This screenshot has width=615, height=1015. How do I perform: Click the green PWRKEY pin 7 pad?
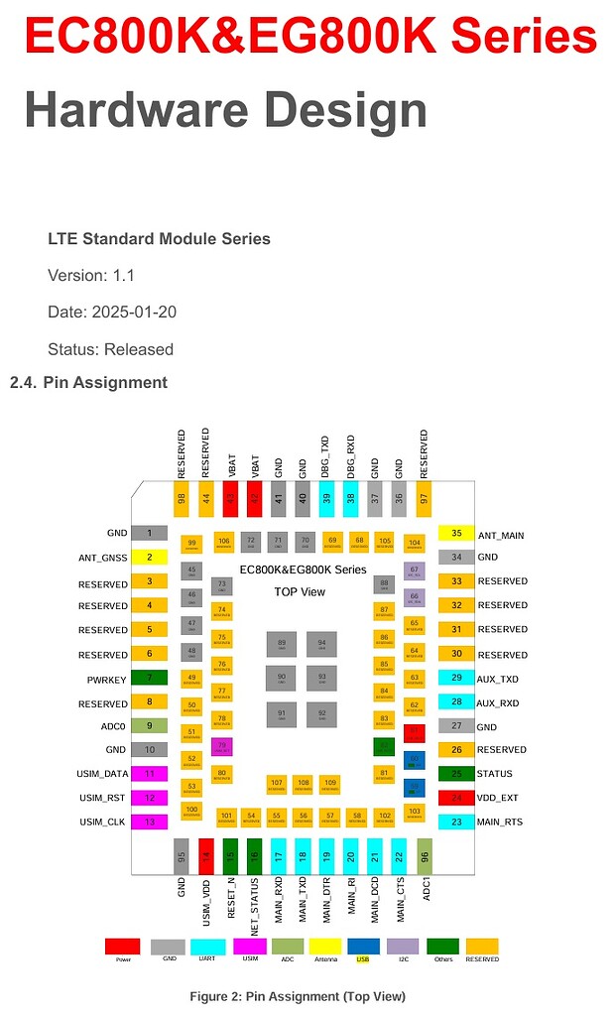pos(149,678)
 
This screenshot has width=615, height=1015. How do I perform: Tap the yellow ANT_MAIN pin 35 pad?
pos(456,533)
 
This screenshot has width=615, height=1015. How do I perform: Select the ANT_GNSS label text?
pos(103,558)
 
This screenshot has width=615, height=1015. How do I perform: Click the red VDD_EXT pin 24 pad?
pos(456,798)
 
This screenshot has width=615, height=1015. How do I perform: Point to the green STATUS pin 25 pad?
pos(456,774)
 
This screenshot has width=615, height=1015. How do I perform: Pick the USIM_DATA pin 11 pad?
pos(149,774)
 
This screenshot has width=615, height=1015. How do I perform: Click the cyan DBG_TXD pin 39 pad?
pos(326,498)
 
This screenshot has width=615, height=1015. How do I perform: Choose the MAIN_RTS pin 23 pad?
pos(456,822)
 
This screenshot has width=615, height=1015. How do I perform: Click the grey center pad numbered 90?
pos(282,679)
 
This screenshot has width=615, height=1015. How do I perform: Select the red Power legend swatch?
pos(122,947)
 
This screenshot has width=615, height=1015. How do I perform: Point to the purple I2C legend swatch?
pos(403,947)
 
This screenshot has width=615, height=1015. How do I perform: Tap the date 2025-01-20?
pos(134,312)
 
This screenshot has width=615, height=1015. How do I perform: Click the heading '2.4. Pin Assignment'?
pos(88,382)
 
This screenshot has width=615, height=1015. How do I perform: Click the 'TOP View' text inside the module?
pos(300,591)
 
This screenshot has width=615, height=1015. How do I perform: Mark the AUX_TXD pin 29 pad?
pos(456,678)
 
